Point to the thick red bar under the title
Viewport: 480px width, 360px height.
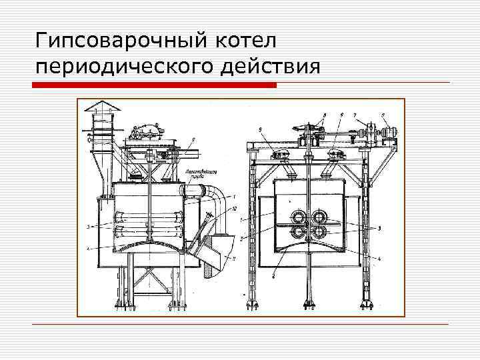155,85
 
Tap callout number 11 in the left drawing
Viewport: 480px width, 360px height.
234,257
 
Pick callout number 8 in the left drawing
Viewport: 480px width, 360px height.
193,139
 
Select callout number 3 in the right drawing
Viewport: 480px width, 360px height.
379,228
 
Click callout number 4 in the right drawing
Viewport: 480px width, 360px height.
378,258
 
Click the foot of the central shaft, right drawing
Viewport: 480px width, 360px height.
309,305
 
